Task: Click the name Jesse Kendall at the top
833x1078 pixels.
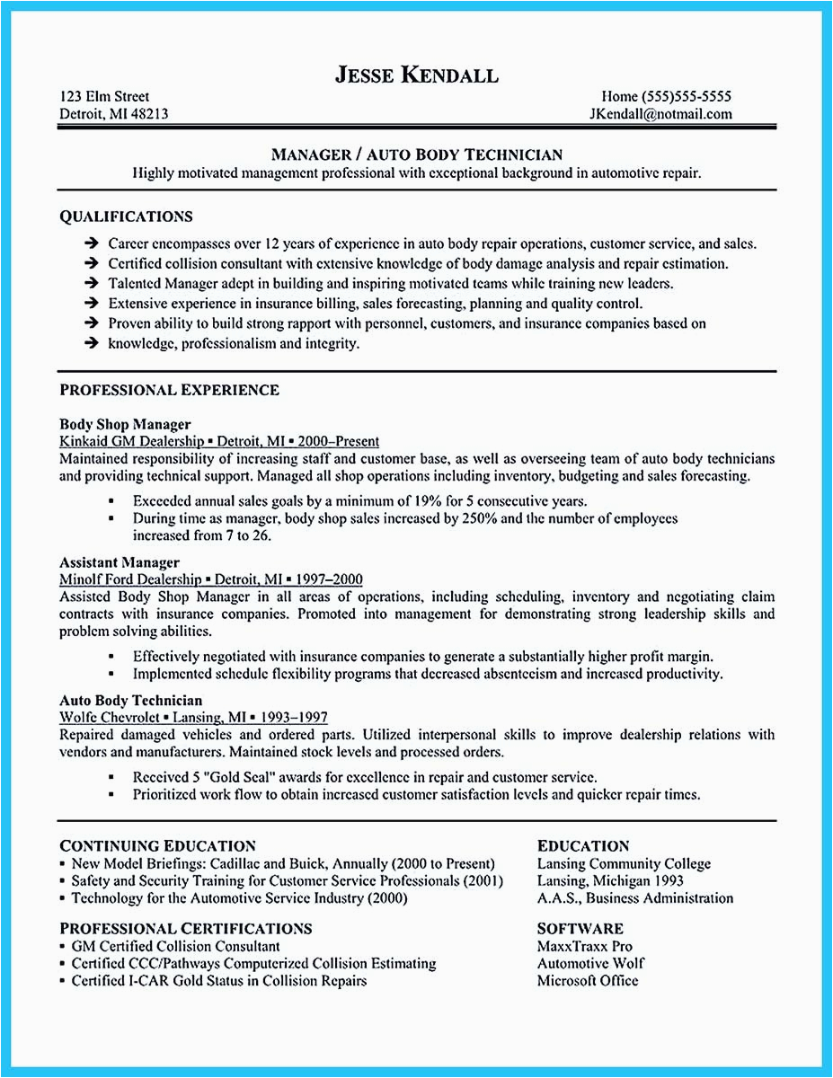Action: [416, 75]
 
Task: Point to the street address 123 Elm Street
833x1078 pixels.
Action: [104, 96]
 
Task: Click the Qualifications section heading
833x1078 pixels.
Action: [126, 216]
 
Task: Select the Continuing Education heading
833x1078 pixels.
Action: [158, 845]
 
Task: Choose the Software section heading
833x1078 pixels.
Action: [580, 928]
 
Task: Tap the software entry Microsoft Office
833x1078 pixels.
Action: [588, 980]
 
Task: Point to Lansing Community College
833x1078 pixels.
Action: [624, 863]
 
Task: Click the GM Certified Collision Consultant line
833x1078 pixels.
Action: [175, 946]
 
